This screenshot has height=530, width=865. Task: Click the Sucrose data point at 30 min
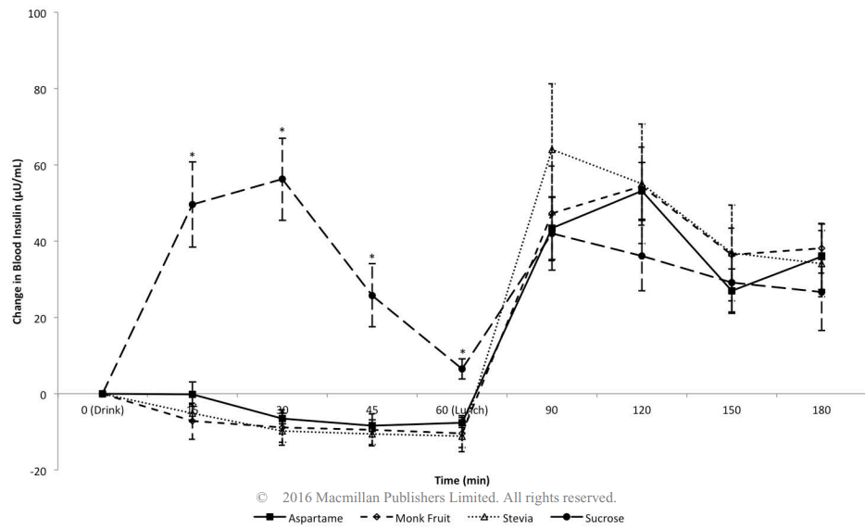tap(282, 179)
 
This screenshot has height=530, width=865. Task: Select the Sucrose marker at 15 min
tap(192, 205)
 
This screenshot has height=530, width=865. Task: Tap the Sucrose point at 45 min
tap(372, 296)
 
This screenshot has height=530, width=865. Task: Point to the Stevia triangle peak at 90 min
tap(552, 149)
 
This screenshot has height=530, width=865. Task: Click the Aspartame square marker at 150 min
tap(732, 291)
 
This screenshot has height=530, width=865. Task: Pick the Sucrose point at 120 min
tap(642, 256)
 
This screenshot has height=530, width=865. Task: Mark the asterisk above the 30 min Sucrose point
tap(282, 131)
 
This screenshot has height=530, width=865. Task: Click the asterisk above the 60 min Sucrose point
tap(462, 352)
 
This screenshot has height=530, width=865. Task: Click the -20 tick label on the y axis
tap(38, 470)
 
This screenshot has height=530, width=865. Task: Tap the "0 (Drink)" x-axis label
tap(103, 410)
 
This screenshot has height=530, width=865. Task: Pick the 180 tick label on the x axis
tap(821, 410)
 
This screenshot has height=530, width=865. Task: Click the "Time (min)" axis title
tap(463, 481)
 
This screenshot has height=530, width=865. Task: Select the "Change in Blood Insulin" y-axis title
tap(18, 242)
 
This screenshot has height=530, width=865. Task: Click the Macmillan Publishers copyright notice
tap(435, 498)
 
